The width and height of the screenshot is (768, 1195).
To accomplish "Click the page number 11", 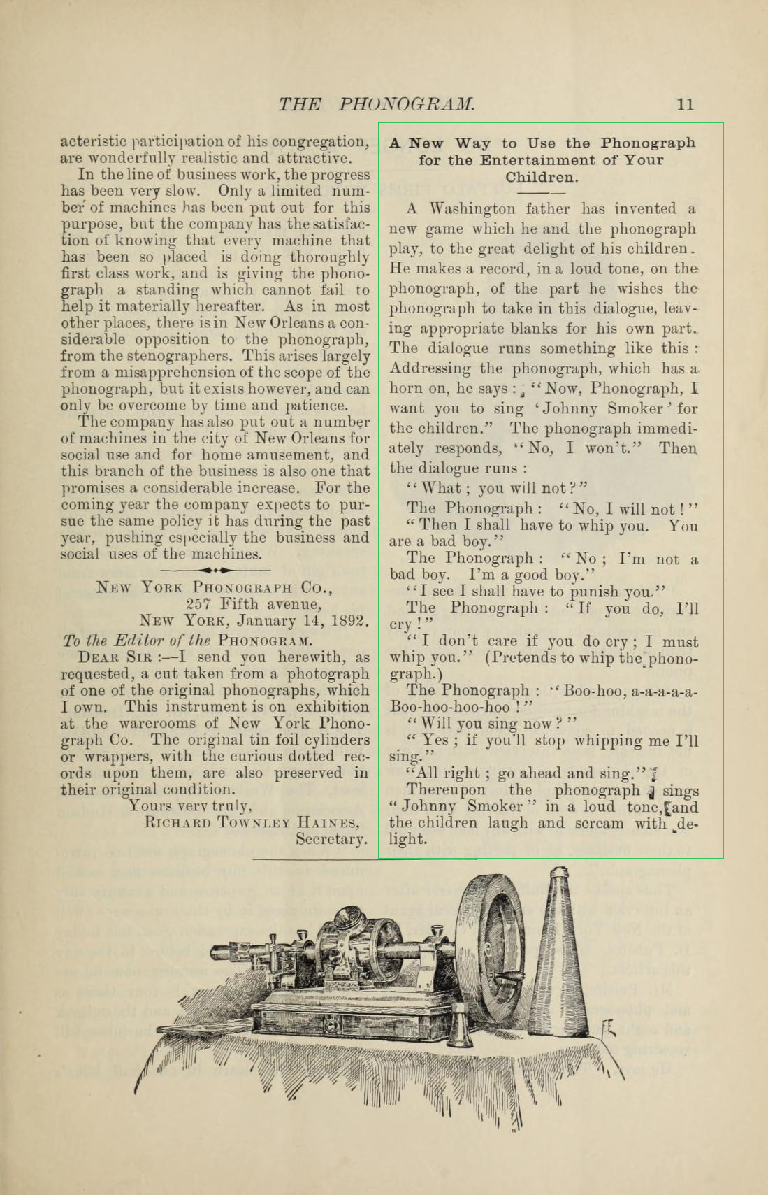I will tap(685, 105).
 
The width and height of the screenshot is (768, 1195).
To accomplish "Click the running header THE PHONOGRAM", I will tap(377, 105).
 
